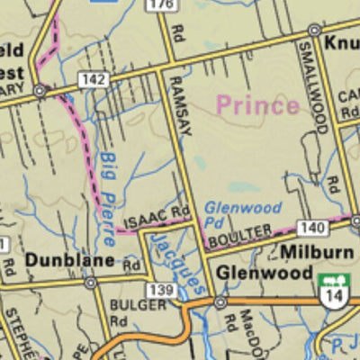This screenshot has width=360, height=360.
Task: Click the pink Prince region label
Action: pyautogui.click(x=256, y=105)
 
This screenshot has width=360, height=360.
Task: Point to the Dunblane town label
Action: pyautogui.click(x=70, y=261)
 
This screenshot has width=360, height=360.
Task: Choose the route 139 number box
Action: pyautogui.click(x=162, y=290)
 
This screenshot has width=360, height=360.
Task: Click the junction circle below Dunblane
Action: pyautogui.click(x=90, y=282)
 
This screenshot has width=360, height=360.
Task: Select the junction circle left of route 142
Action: pyautogui.click(x=40, y=91)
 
